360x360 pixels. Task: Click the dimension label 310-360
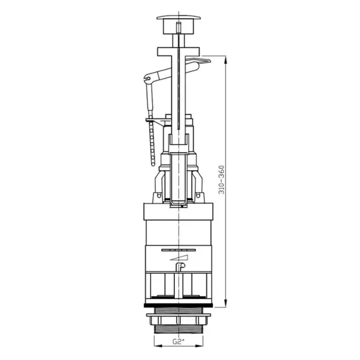pyautogui.click(x=222, y=180)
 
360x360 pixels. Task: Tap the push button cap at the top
pyautogui.click(x=178, y=18)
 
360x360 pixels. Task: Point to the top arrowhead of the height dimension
pyautogui.click(x=226, y=60)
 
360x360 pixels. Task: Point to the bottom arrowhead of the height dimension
pyautogui.click(x=226, y=303)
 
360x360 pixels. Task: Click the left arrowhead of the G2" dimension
pyautogui.click(x=158, y=346)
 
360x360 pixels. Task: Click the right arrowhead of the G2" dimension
pyautogui.click(x=199, y=346)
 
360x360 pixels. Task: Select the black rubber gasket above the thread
pyautogui.click(x=178, y=306)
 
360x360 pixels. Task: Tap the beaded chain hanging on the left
pyautogui.click(x=152, y=143)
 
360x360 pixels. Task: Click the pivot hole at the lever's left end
pyautogui.click(x=149, y=79)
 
